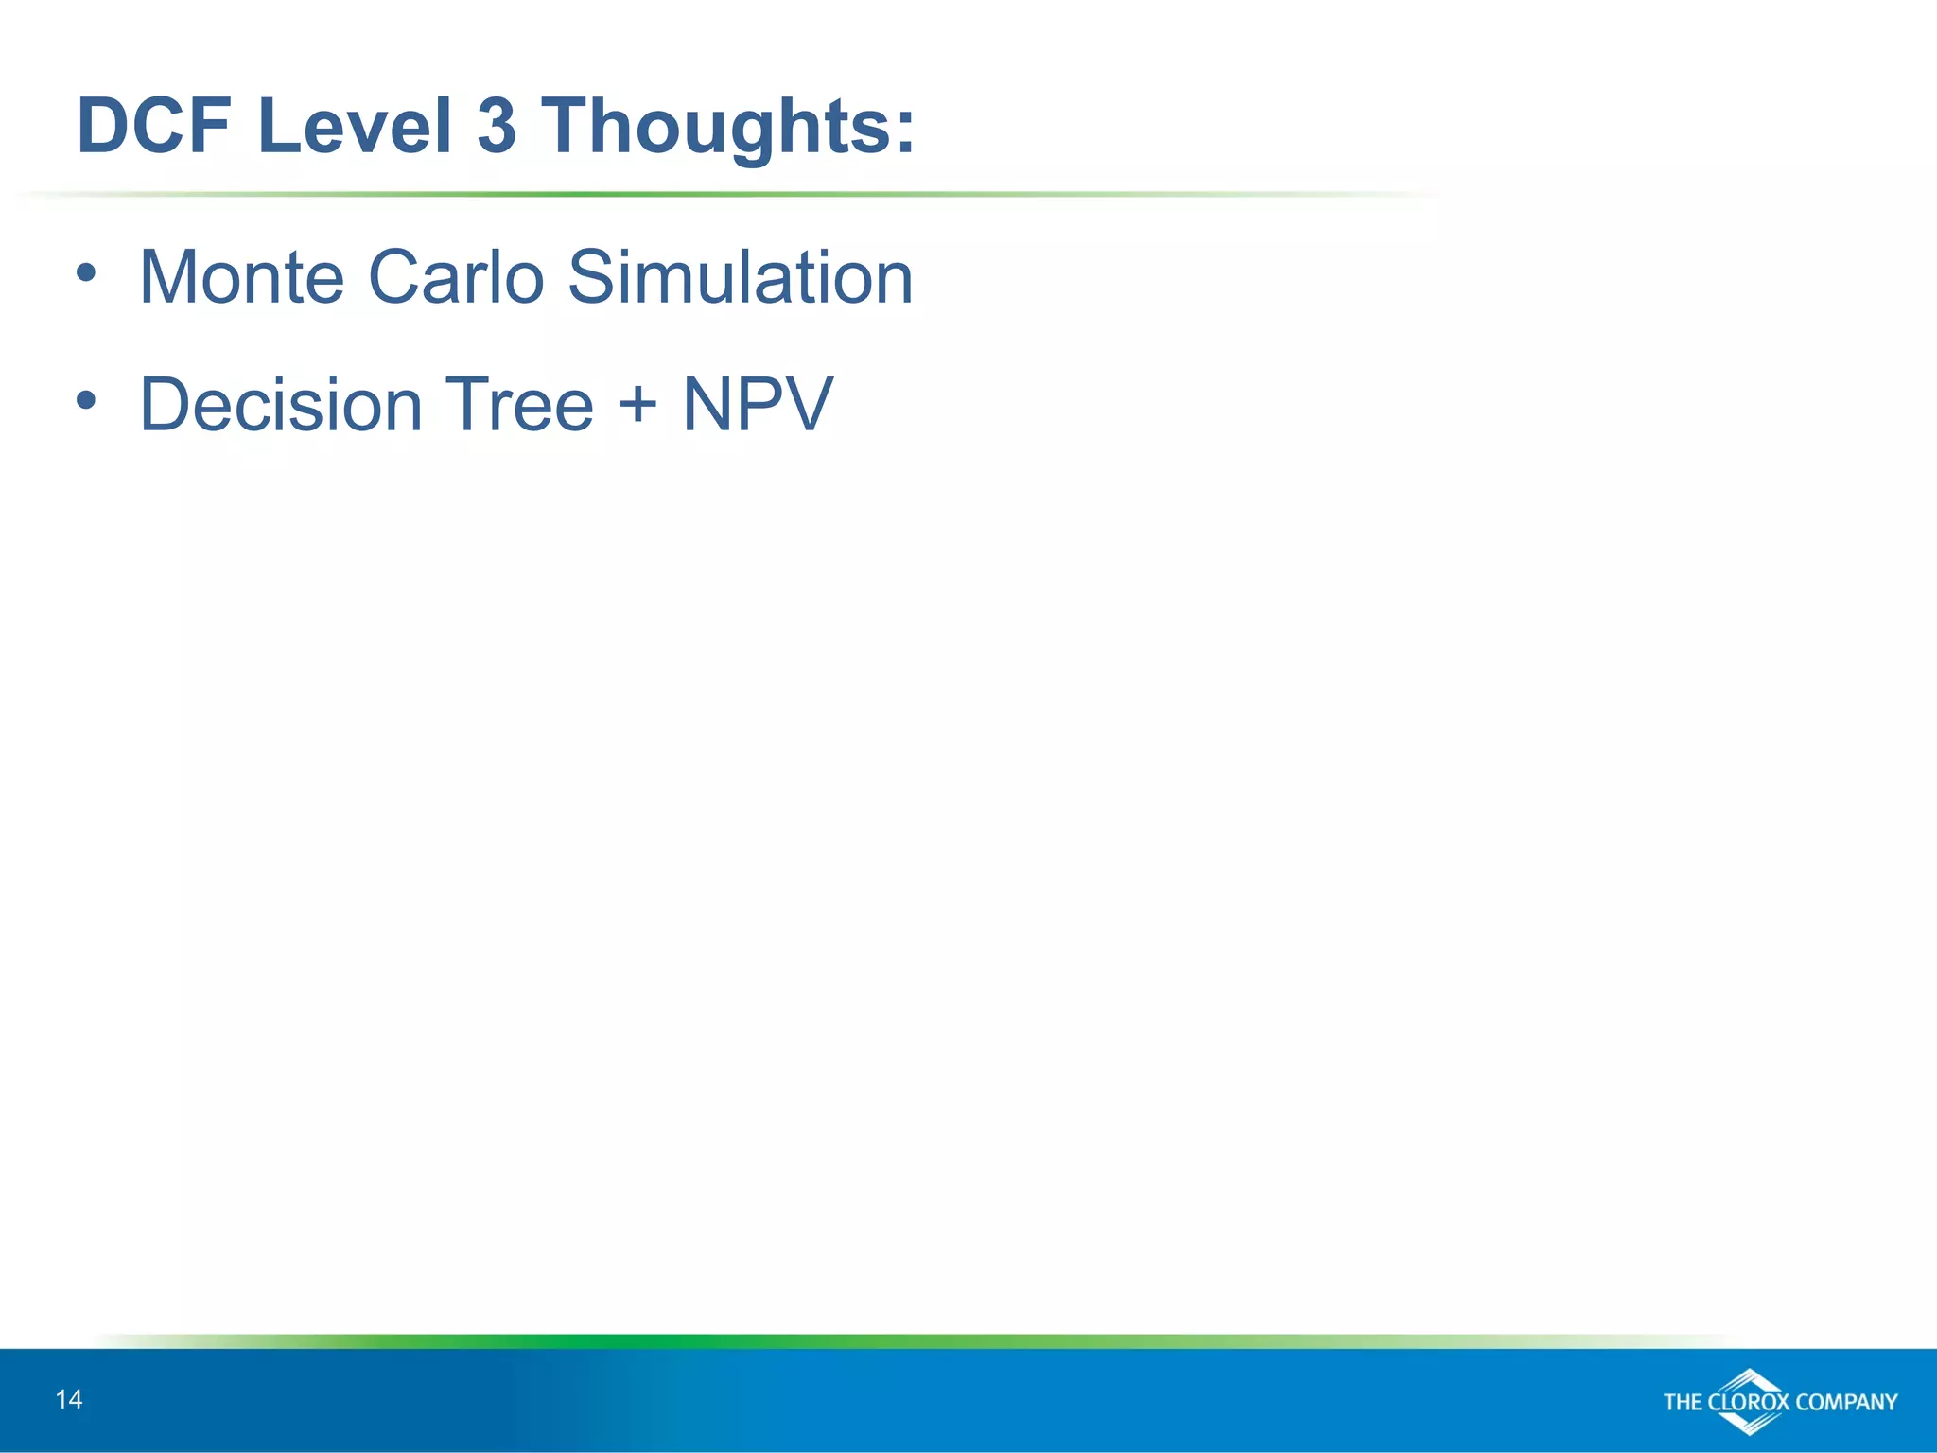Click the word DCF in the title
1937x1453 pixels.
154,126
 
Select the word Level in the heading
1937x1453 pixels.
354,126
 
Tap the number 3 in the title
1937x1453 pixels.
497,126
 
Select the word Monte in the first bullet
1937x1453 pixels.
242,277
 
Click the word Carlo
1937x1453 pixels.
456,277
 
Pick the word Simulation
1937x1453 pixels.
741,277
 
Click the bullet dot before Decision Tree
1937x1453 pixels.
86,401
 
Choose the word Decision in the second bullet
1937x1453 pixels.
281,405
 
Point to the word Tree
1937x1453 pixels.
518,405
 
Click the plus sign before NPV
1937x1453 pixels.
637,403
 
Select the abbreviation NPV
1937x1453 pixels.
758,405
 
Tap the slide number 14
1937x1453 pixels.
69,1400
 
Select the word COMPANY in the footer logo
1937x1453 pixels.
1846,1402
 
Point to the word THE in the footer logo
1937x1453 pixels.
1684,1402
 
